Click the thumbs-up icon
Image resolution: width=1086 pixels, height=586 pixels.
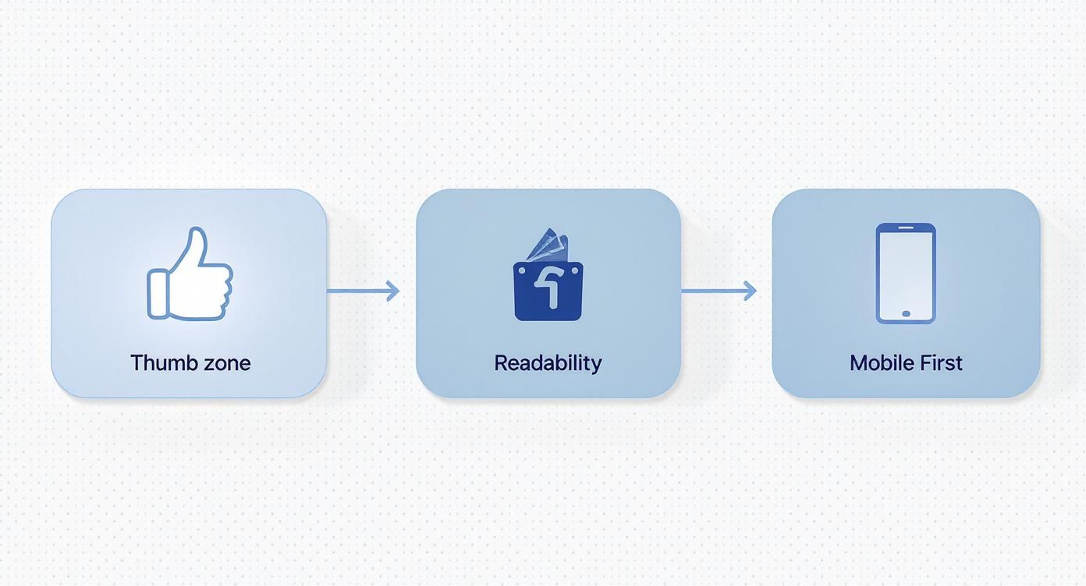[190, 274]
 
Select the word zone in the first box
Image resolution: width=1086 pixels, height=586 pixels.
[227, 365]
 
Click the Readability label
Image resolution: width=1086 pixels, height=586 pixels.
[548, 363]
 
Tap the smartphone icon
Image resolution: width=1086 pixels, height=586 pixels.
[906, 274]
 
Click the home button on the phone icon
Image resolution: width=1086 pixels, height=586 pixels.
[906, 314]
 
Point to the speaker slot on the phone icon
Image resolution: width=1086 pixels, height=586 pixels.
[906, 228]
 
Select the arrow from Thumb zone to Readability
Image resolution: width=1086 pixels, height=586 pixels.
[363, 291]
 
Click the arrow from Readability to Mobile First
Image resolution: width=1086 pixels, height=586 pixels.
[719, 291]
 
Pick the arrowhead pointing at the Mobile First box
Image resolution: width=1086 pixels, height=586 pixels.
[751, 291]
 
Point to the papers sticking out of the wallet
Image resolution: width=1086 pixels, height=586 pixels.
[548, 246]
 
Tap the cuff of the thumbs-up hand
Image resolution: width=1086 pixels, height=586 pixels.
[157, 295]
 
